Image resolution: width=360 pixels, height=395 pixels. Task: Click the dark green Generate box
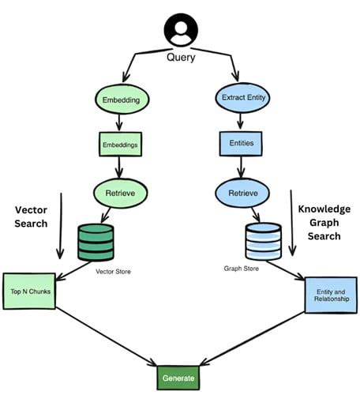[x=178, y=378]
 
